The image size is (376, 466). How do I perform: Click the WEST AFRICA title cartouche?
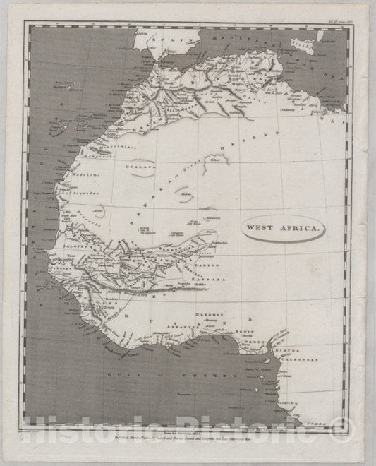pyautogui.click(x=282, y=229)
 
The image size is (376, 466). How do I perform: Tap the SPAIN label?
pyautogui.click(x=164, y=40)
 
